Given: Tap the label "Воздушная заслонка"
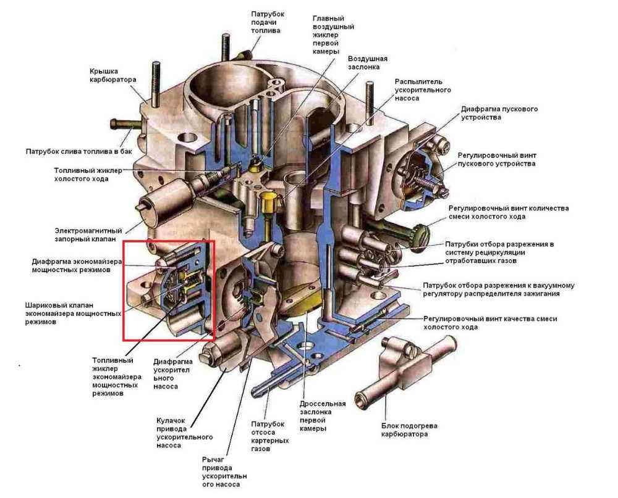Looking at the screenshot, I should pos(367,63).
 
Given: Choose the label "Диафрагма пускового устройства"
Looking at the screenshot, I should pos(499,113).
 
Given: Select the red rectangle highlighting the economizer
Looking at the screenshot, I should pos(168,290).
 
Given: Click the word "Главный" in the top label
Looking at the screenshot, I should pos(328,19).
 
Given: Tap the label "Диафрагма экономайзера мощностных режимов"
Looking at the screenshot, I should pos(73,265).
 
